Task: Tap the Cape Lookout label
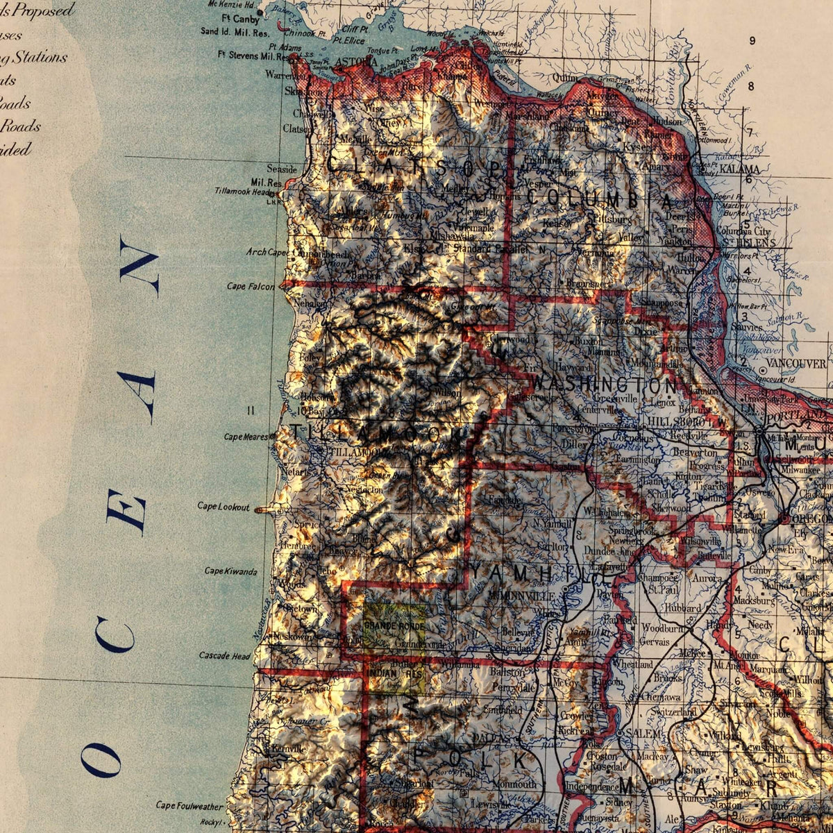(224, 507)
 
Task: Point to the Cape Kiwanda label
(230, 571)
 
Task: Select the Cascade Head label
(224, 655)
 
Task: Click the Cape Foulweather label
(190, 806)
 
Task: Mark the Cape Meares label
(246, 437)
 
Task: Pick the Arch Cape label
(267, 252)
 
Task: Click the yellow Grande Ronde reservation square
(394, 625)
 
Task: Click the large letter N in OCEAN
(138, 264)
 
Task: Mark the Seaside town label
(282, 169)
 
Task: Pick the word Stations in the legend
(39, 57)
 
